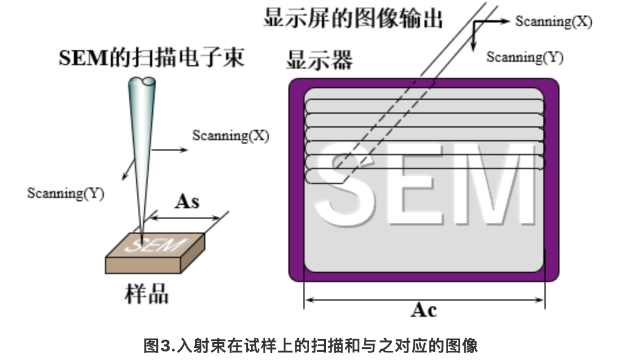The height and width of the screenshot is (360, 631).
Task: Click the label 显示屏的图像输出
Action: (353, 18)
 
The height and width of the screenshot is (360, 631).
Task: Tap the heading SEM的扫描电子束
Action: (152, 58)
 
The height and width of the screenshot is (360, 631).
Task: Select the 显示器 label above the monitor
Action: (319, 59)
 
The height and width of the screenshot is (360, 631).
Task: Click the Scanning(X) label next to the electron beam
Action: (230, 136)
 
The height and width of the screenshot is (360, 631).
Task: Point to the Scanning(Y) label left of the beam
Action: (66, 193)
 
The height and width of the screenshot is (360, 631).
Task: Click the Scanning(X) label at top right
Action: (553, 21)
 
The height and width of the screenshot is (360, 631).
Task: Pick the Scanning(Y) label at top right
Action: (524, 57)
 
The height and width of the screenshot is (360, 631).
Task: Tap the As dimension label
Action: (187, 201)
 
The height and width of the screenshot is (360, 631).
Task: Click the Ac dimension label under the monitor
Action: (423, 310)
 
